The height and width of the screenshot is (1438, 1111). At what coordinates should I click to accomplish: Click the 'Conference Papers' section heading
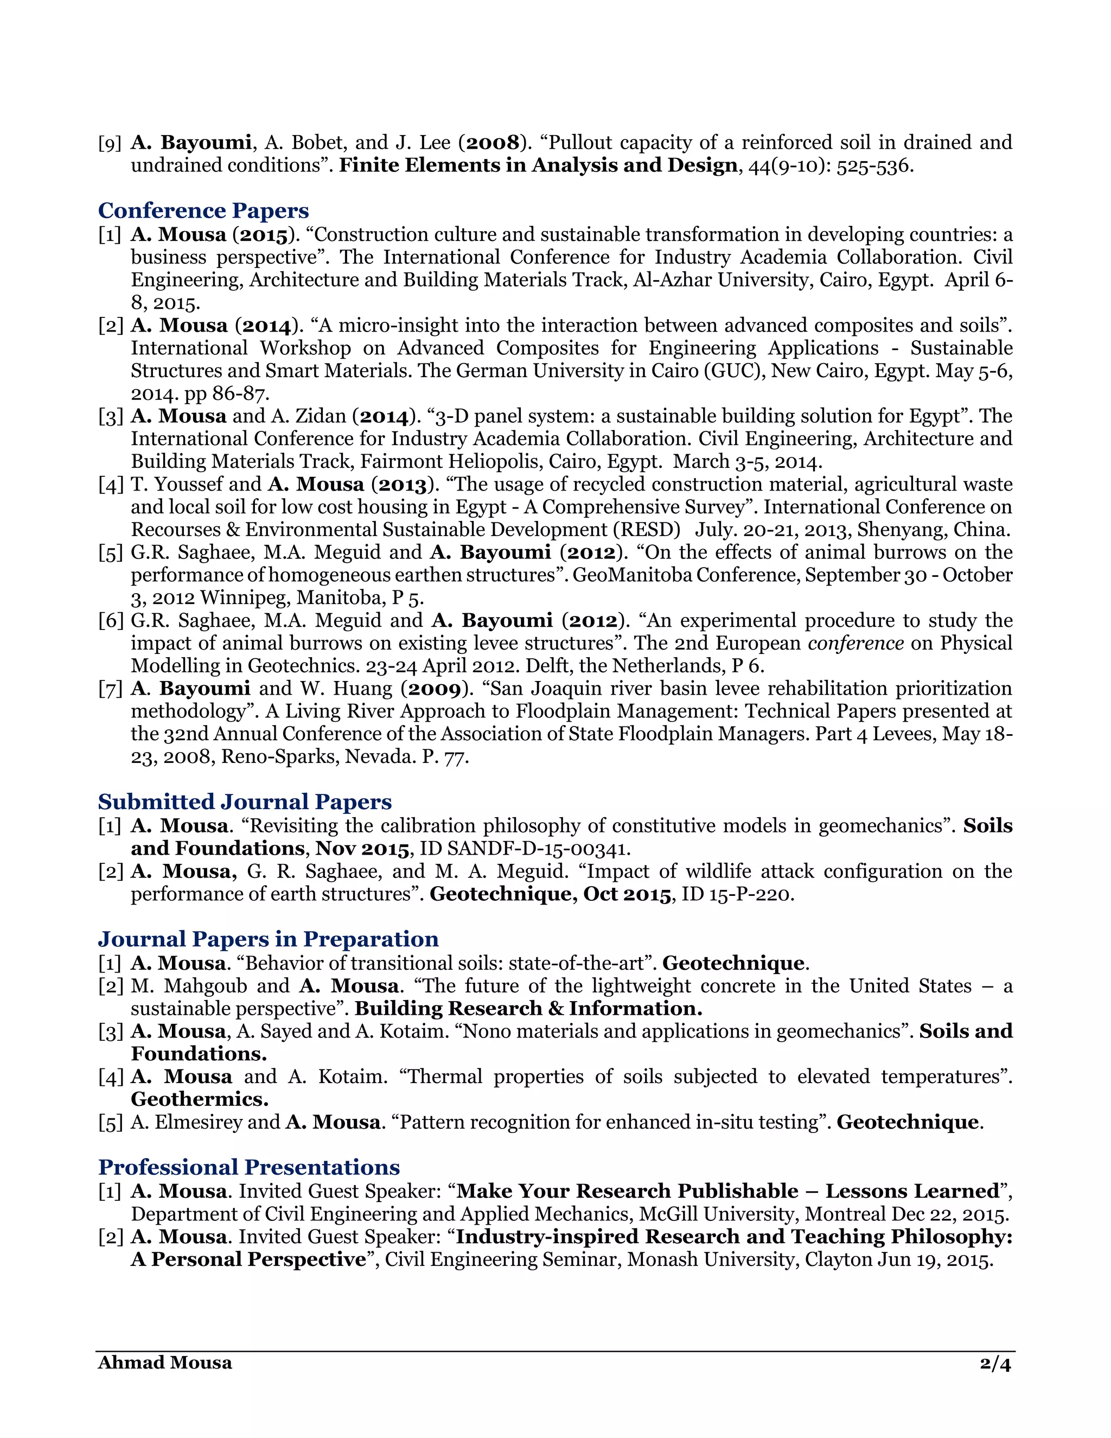click(x=203, y=211)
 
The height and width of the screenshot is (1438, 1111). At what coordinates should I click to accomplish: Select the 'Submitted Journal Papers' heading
click(x=245, y=802)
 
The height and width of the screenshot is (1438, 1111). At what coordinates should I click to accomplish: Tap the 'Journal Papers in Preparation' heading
click(x=269, y=939)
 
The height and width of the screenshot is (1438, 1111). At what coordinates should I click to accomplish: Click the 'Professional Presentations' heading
click(x=249, y=1167)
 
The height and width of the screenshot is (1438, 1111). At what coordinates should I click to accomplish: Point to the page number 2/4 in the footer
click(x=994, y=1362)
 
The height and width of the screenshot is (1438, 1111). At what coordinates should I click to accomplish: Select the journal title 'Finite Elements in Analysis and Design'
click(x=538, y=166)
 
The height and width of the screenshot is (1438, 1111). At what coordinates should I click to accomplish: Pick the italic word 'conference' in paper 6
click(x=855, y=643)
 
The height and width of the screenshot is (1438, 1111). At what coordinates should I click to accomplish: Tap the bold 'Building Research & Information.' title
click(x=528, y=1008)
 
